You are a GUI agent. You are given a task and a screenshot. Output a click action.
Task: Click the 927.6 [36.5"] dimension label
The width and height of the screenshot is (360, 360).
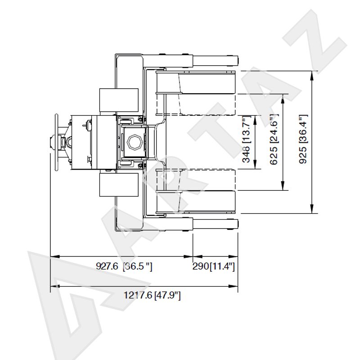[x=124, y=266]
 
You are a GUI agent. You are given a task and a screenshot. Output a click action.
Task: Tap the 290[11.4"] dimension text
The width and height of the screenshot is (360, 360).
[x=213, y=266]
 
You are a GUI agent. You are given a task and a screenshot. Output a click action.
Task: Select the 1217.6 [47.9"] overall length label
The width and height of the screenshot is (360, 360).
[x=152, y=295]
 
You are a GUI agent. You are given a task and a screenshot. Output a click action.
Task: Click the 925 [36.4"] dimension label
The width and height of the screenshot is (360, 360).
[x=303, y=139]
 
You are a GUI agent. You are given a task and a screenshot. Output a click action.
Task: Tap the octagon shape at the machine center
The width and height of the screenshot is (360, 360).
[x=135, y=142]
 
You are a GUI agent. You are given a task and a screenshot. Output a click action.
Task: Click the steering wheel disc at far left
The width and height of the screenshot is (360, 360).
[x=56, y=142]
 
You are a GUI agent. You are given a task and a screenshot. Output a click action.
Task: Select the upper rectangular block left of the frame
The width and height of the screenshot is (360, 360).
[x=119, y=100]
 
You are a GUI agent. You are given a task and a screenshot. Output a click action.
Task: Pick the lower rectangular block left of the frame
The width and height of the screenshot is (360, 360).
[x=119, y=185]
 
